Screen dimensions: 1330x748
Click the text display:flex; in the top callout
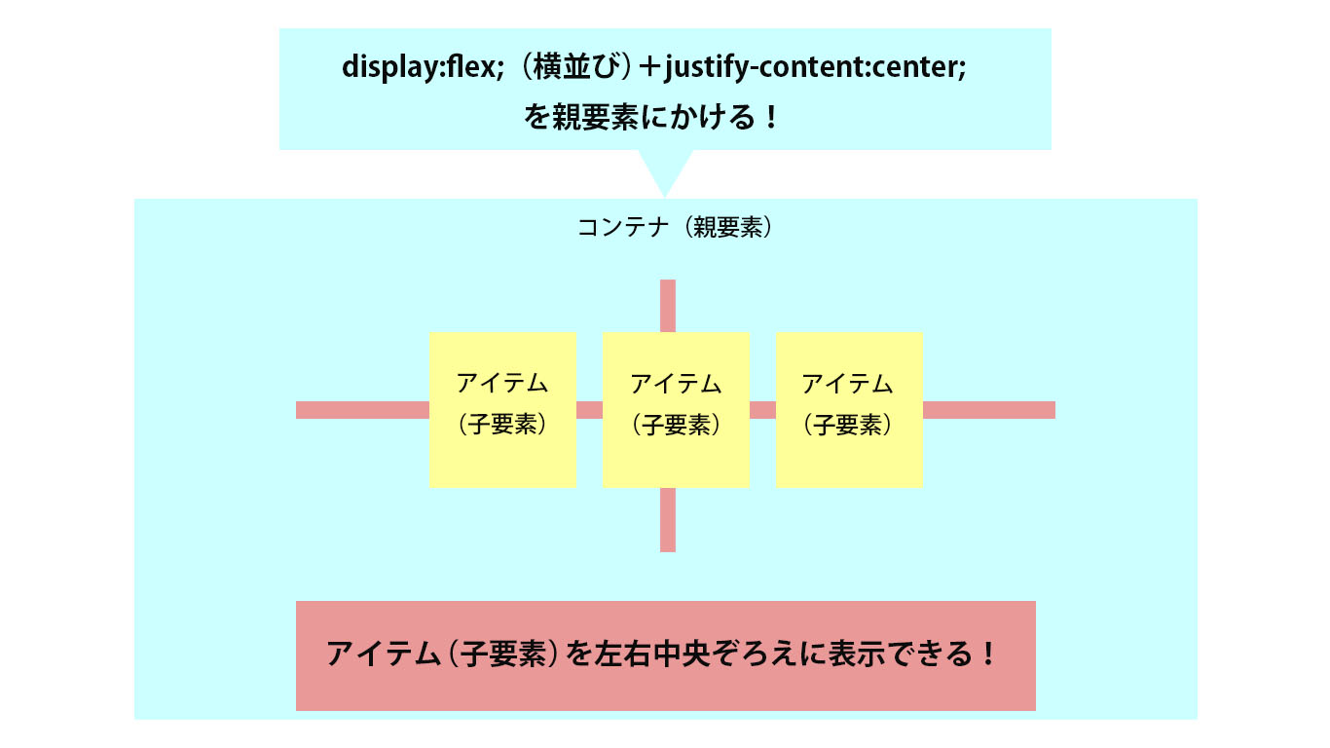coord(423,66)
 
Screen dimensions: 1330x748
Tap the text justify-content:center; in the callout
coord(815,67)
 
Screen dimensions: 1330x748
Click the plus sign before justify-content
coord(650,67)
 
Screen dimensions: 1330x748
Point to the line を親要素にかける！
coord(650,117)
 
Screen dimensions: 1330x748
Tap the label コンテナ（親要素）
coord(675,227)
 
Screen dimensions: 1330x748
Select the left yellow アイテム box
coord(503,410)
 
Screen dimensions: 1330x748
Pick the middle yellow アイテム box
coord(677,410)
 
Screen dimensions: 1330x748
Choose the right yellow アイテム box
coord(850,410)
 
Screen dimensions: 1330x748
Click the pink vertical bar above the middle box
coord(668,306)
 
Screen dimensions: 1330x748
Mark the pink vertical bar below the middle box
coord(668,520)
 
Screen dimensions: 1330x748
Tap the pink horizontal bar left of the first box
coord(363,410)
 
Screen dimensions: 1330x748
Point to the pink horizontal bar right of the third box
coord(989,410)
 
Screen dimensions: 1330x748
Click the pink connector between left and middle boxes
coord(590,410)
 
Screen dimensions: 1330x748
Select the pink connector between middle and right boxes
coord(763,410)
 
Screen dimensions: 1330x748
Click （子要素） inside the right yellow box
coord(848,425)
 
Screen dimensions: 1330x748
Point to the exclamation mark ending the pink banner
coord(988,654)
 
